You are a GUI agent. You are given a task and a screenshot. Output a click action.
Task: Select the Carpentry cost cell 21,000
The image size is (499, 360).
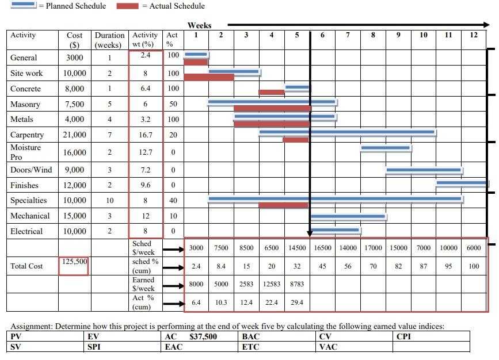(74, 135)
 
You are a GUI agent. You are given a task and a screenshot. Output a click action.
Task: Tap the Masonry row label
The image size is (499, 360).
(25, 104)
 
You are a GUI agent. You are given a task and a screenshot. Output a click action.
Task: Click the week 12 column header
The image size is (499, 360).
(473, 35)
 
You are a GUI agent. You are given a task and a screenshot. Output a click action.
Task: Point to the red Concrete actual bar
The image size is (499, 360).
(272, 92)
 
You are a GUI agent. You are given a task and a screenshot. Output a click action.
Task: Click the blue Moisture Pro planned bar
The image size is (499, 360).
(386, 148)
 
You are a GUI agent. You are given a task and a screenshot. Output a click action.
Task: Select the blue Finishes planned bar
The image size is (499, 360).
(462, 183)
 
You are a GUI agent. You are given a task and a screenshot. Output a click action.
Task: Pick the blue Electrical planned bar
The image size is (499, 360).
(335, 229)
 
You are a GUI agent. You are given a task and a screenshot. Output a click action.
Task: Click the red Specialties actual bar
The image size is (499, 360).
(284, 205)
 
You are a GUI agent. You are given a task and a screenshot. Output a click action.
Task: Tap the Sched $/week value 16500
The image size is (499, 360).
(322, 248)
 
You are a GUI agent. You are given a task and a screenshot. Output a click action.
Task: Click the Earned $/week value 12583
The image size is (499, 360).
(272, 284)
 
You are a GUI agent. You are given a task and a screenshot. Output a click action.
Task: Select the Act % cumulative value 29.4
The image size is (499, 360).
(297, 302)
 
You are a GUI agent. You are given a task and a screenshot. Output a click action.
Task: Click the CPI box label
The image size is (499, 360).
(404, 336)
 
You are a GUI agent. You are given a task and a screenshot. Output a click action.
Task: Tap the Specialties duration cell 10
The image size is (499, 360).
(109, 200)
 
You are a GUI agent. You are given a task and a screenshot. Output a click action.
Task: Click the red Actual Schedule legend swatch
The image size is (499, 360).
(127, 6)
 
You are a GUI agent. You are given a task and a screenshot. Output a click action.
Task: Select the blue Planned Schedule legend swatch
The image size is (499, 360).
(24, 6)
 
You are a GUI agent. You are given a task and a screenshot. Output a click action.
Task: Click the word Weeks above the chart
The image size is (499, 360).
(199, 25)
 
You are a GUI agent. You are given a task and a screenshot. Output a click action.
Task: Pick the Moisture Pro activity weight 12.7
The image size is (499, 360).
(146, 152)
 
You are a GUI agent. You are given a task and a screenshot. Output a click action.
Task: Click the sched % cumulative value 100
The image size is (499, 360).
(474, 266)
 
